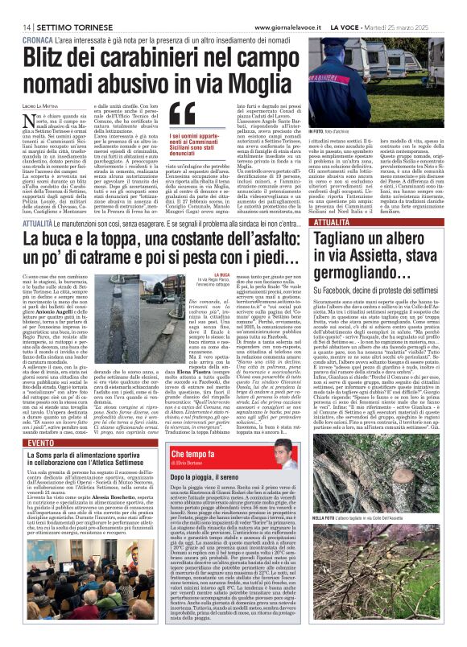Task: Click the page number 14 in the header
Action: click(x=16, y=7)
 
